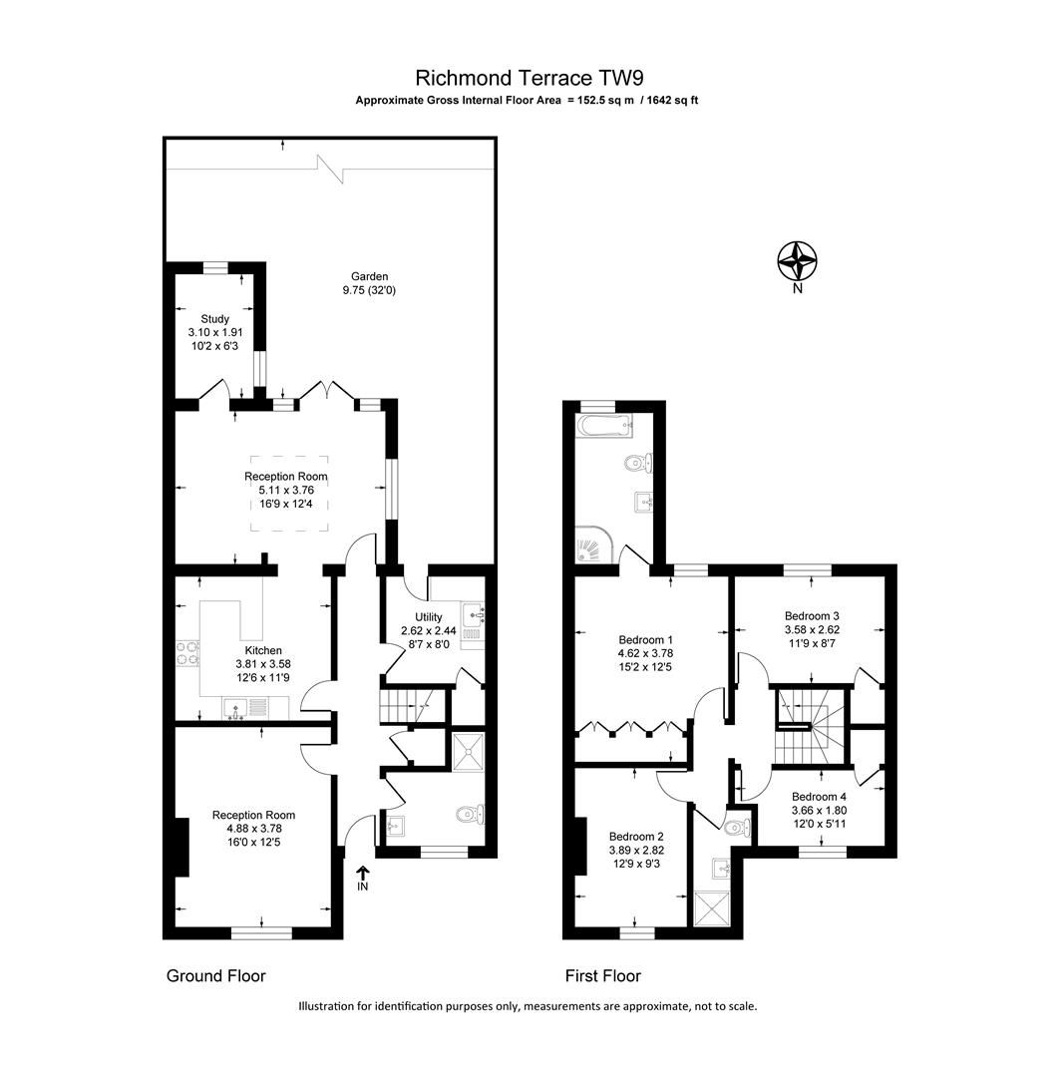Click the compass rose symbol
point(798,262)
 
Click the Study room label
point(214,319)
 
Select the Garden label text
point(368,276)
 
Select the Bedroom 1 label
point(645,639)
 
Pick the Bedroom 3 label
point(812,615)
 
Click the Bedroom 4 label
point(819,797)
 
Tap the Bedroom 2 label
point(636,837)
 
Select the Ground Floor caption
point(215,976)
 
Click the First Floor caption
point(602,976)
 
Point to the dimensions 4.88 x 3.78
point(253,829)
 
